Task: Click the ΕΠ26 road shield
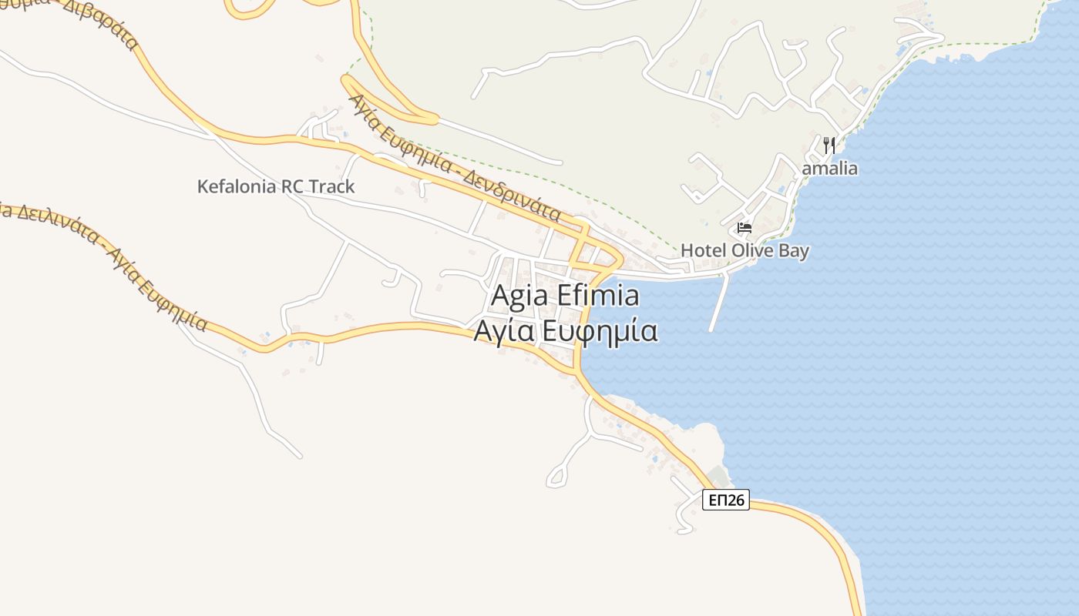[x=726, y=500]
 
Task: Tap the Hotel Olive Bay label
[x=745, y=250]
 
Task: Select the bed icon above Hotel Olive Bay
[x=745, y=228]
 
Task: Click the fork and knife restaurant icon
[x=829, y=145]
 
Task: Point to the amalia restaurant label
[x=830, y=168]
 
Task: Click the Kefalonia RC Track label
[x=276, y=186]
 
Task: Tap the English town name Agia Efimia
[x=565, y=296]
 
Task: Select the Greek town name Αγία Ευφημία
[x=565, y=331]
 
